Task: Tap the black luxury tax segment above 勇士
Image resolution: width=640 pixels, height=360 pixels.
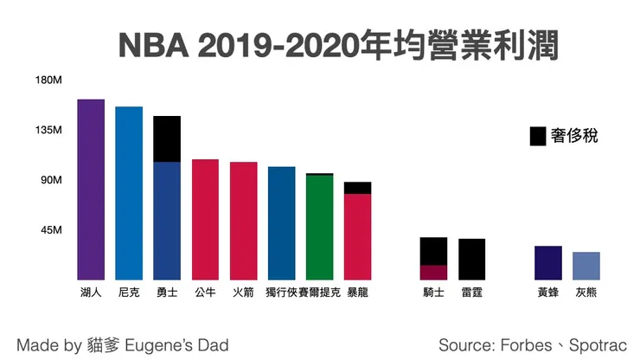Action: coord(167,138)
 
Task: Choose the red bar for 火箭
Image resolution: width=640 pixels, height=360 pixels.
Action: coord(244,220)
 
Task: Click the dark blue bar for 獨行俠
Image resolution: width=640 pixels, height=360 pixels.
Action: coord(281,222)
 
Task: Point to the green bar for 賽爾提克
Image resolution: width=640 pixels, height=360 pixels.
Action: coord(319,227)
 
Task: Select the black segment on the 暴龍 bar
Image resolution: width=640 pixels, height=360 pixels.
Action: coord(357,188)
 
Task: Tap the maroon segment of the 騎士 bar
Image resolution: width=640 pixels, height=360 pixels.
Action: coord(433,272)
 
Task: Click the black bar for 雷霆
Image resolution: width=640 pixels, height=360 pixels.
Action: coord(471,259)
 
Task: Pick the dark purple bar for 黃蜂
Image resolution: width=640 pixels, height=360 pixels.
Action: coord(548,262)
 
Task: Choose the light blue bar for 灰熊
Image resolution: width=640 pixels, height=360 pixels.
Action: coord(586,265)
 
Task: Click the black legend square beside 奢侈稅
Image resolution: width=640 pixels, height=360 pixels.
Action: coord(537,136)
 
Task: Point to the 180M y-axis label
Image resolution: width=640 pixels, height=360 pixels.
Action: coord(48,80)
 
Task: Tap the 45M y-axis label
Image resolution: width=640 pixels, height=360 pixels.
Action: coord(51,230)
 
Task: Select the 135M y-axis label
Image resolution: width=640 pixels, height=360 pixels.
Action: coord(48,131)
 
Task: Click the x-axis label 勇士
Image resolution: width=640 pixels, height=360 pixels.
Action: coord(167,292)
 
